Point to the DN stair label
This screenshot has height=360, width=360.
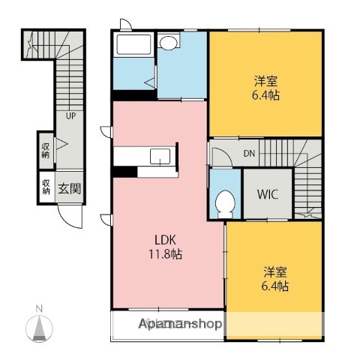(249, 154)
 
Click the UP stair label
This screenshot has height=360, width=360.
(70, 116)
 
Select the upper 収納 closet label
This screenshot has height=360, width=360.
(46, 148)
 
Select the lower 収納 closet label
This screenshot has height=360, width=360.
(46, 186)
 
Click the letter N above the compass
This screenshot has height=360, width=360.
(40, 308)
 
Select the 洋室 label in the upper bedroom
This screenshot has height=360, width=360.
(265, 81)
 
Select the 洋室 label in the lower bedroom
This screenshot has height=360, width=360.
(274, 271)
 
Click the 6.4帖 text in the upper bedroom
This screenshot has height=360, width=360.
(265, 96)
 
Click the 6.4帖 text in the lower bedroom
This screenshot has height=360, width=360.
(274, 286)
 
